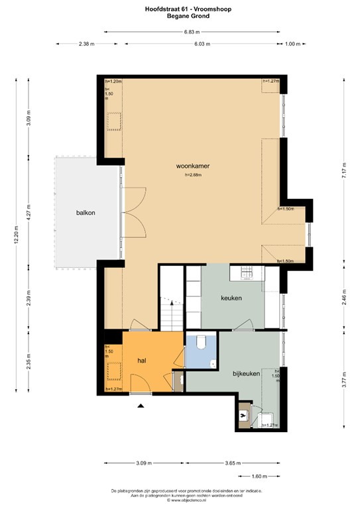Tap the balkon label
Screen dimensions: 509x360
[86, 213]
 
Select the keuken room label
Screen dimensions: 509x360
[231, 298]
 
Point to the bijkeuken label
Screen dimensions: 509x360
[245, 373]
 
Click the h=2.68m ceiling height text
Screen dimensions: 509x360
[194, 176]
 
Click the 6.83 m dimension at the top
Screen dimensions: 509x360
[191, 31]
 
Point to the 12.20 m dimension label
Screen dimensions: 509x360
[16, 233]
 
